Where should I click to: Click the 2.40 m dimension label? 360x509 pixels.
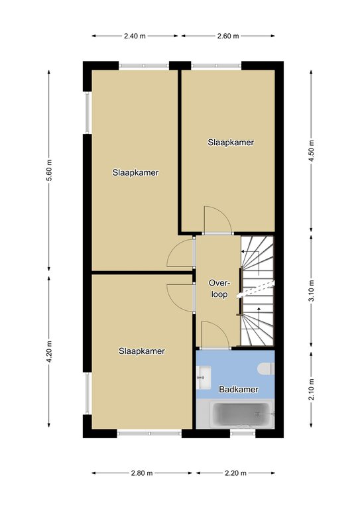click(x=135, y=36)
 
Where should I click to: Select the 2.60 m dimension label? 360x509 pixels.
click(x=228, y=36)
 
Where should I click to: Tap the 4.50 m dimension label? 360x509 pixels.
click(x=312, y=152)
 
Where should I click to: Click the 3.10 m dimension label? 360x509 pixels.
click(x=312, y=290)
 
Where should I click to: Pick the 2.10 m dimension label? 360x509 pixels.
click(x=312, y=390)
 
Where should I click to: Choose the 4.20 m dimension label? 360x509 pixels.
click(x=49, y=352)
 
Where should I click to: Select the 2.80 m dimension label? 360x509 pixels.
click(x=142, y=473)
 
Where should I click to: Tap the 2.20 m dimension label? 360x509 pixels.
click(x=235, y=473)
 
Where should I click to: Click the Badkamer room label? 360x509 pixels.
click(x=239, y=389)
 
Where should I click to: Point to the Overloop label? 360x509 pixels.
click(x=219, y=288)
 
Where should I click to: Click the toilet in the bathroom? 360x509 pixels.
click(x=266, y=368)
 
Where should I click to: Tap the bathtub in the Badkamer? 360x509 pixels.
click(x=241, y=415)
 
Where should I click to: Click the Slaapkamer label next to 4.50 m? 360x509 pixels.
click(x=231, y=142)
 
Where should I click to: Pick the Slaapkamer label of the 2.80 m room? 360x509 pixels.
click(x=141, y=351)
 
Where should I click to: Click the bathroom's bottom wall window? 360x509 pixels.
click(x=243, y=433)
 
